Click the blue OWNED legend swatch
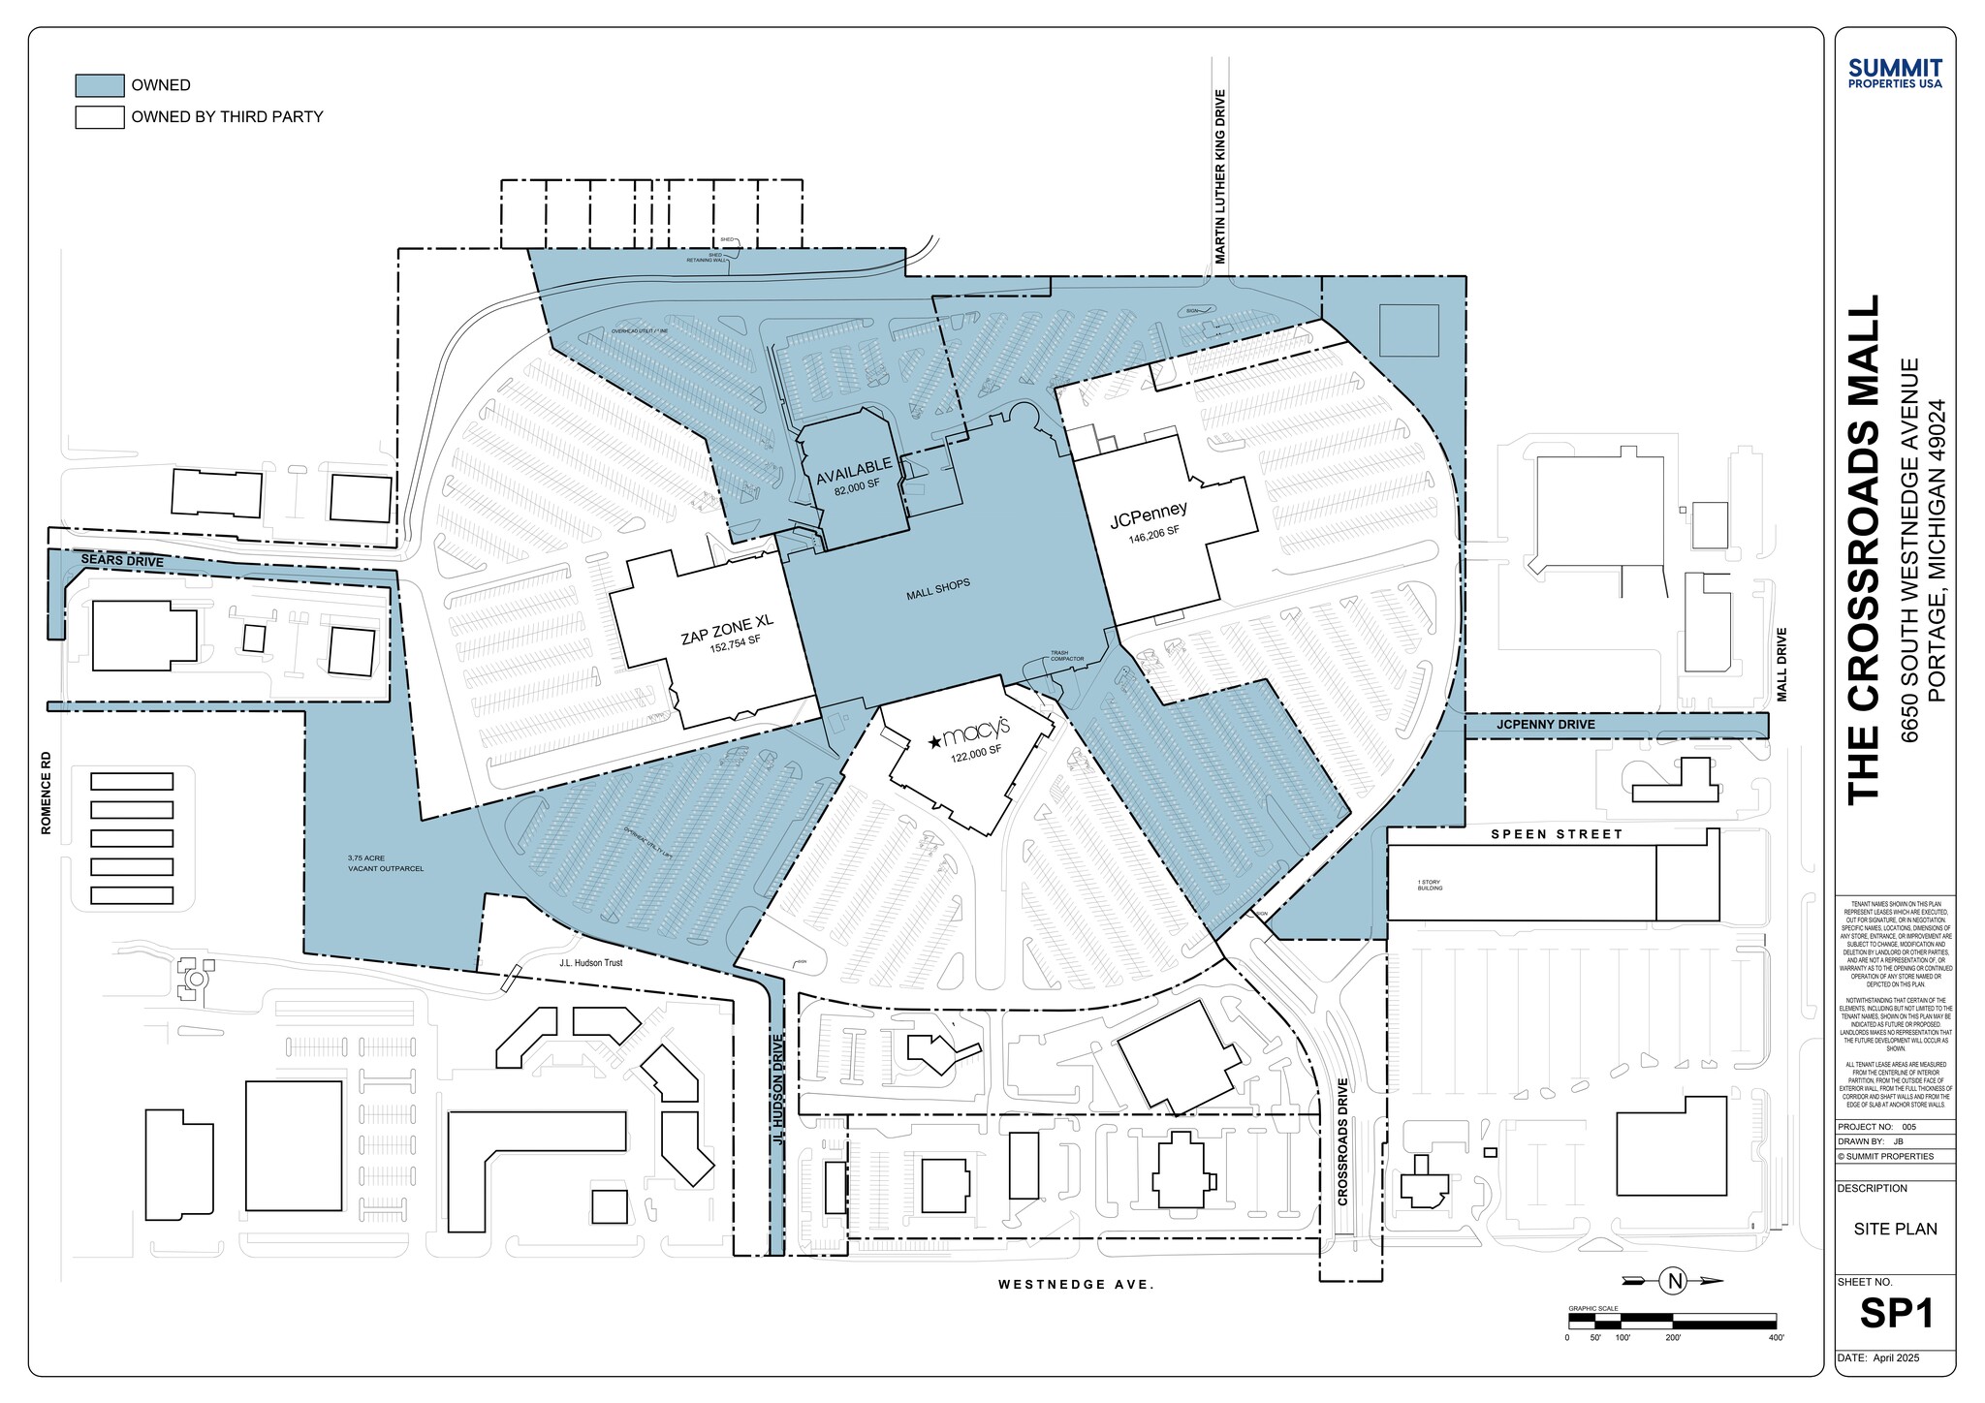click(99, 85)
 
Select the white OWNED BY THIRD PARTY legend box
click(99, 117)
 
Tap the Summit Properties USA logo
click(1895, 74)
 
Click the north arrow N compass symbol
click(1674, 1281)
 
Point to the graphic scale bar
click(1672, 1320)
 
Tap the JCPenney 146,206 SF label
click(1150, 521)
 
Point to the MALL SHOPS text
click(938, 589)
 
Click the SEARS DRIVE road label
click(122, 561)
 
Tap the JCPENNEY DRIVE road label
click(1545, 724)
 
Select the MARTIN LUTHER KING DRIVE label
click(1220, 176)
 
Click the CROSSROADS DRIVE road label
click(1342, 1141)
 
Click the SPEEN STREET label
click(1556, 834)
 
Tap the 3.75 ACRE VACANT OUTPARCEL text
click(385, 863)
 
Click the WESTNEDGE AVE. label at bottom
click(1076, 1285)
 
